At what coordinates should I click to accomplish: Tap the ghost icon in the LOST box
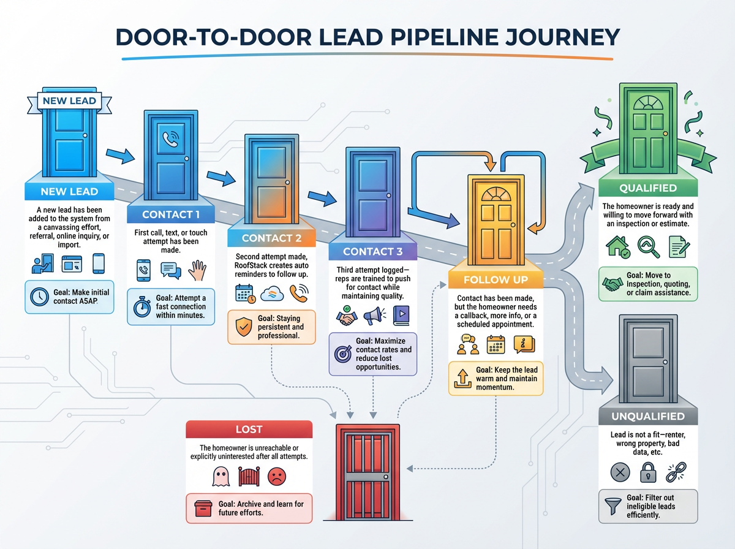[x=220, y=476]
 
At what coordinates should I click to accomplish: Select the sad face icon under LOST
[x=277, y=476]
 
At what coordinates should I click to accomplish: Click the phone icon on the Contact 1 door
[x=170, y=140]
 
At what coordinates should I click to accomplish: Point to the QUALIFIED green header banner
[x=647, y=188]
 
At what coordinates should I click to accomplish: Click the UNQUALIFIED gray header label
[x=647, y=417]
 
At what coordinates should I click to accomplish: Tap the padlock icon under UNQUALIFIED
[x=649, y=472]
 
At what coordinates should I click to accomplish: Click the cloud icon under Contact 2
[x=271, y=293]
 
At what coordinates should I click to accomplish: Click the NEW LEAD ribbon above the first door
[x=69, y=100]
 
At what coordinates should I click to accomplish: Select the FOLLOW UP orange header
[x=496, y=279]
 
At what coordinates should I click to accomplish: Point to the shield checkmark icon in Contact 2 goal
[x=243, y=328]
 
